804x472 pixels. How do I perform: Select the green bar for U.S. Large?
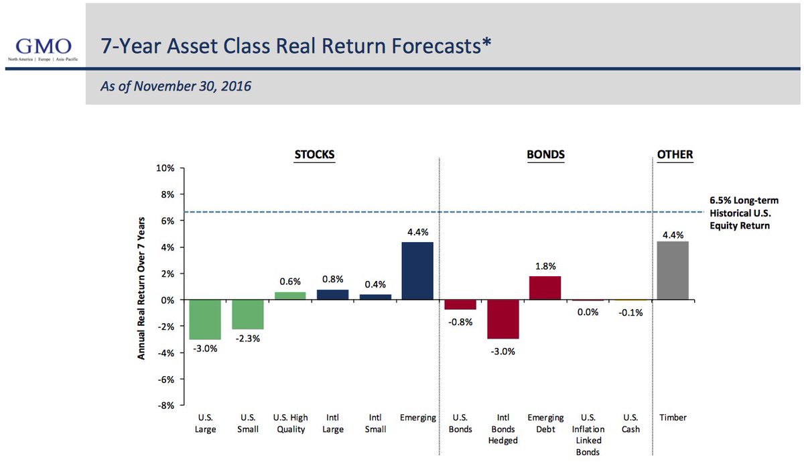pos(205,320)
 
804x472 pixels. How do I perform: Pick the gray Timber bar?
pos(673,271)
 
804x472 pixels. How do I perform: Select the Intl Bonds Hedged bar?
pos(503,319)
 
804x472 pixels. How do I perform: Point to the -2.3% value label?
pos(247,339)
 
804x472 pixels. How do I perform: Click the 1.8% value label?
pos(545,266)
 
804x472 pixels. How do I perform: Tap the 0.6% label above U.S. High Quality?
pos(289,282)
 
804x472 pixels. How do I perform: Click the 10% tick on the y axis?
pos(165,168)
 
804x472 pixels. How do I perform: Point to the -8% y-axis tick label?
pos(165,406)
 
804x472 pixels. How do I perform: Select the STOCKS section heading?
pos(314,155)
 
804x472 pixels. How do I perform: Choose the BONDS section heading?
pos(545,155)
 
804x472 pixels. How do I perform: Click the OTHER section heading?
pos(675,155)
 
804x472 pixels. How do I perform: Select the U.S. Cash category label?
pos(630,423)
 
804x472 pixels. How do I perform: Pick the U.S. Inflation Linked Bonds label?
pos(588,434)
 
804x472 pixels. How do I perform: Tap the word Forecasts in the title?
pos(423,46)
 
